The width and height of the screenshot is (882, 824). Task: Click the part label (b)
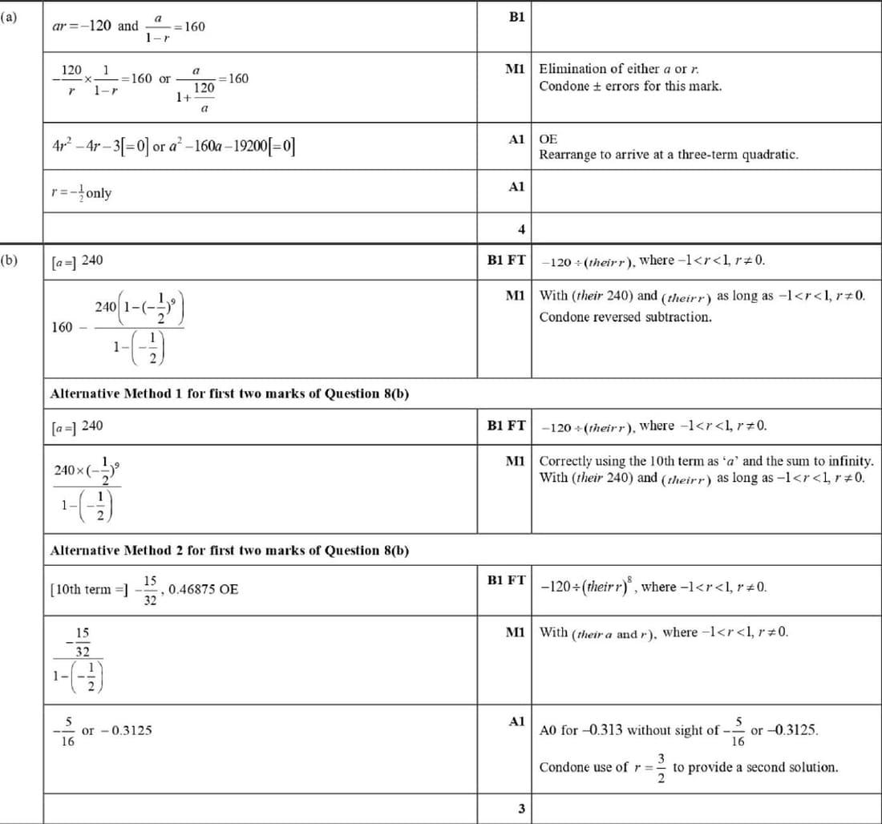pyautogui.click(x=10, y=260)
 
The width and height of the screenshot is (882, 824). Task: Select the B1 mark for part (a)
pyautogui.click(x=516, y=17)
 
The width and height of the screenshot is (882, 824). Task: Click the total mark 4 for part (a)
pyautogui.click(x=521, y=230)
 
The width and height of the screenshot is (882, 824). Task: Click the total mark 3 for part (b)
pyautogui.click(x=521, y=809)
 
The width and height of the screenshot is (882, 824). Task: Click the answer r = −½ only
pyautogui.click(x=80, y=193)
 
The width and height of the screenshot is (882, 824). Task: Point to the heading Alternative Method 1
pyautogui.click(x=229, y=394)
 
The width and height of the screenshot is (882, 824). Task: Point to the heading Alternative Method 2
pyautogui.click(x=229, y=551)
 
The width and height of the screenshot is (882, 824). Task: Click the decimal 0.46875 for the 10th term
pyautogui.click(x=203, y=589)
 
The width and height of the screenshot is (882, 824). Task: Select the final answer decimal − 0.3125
pyautogui.click(x=126, y=730)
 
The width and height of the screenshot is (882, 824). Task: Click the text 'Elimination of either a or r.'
pyautogui.click(x=625, y=69)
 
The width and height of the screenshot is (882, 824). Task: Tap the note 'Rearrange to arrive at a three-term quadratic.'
pyautogui.click(x=669, y=154)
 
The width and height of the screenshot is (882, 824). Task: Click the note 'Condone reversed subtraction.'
pyautogui.click(x=625, y=317)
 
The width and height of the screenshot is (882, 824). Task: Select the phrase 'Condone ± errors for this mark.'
pyautogui.click(x=630, y=86)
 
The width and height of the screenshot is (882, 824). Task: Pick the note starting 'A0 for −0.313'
pyautogui.click(x=678, y=730)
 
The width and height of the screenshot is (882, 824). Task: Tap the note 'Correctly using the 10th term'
pyautogui.click(x=706, y=461)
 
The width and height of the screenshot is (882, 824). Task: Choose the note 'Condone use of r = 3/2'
pyautogui.click(x=688, y=767)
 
